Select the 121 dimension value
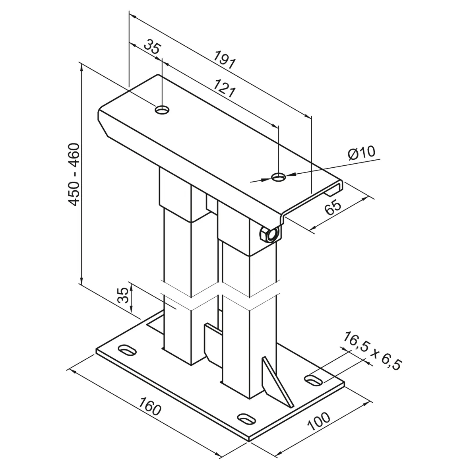tap(225, 89)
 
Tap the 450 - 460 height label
tap(74, 174)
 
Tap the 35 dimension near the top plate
tap(152, 47)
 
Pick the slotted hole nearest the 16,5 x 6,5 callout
tap(314, 379)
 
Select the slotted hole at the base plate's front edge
tap(246, 418)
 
